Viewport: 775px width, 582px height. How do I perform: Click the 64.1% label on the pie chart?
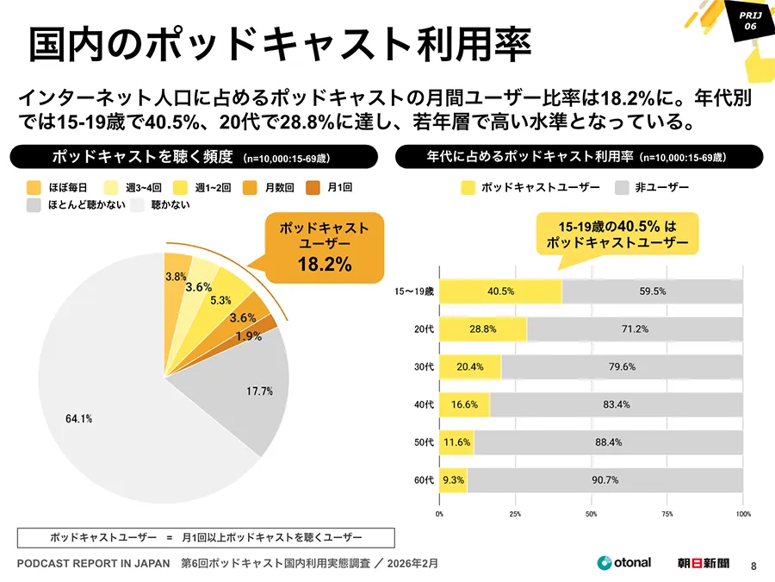click(78, 418)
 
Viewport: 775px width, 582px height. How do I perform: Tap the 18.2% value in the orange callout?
click(325, 264)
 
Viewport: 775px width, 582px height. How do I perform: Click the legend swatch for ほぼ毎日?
click(34, 187)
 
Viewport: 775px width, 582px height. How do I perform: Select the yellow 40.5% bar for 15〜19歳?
click(500, 291)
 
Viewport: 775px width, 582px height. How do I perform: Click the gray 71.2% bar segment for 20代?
click(634, 329)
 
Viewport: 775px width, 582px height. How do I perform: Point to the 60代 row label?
click(423, 480)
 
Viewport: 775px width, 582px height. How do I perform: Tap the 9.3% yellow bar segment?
click(453, 480)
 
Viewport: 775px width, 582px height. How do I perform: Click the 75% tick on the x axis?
click(666, 514)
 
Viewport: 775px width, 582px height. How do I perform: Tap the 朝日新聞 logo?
click(703, 563)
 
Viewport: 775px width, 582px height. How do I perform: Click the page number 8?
click(753, 565)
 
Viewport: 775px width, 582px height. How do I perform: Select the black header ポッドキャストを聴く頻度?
click(193, 157)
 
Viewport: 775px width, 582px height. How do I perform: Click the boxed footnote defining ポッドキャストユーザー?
click(206, 537)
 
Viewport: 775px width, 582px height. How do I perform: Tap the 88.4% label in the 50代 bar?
click(608, 442)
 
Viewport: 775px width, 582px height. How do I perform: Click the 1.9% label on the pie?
click(249, 336)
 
